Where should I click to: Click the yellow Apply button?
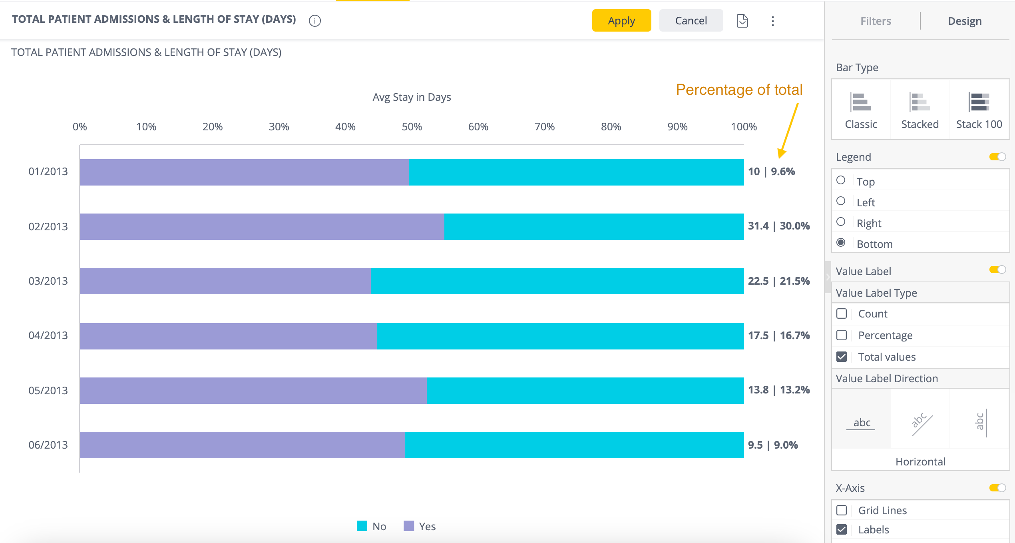tap(621, 21)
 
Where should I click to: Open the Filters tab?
tap(875, 21)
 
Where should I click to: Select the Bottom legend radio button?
tap(841, 243)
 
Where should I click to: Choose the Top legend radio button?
tap(841, 180)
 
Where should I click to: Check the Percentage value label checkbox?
tap(842, 335)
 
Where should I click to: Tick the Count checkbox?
tap(842, 313)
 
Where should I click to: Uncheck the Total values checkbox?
tap(842, 357)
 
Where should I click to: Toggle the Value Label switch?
tap(997, 270)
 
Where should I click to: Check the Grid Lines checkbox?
tap(842, 510)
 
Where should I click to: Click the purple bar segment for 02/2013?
tap(262, 227)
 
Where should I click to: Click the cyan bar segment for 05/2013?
tap(585, 391)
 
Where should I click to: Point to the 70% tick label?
tap(544, 127)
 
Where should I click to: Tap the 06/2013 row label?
tap(48, 445)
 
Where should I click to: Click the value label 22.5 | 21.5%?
tap(778, 281)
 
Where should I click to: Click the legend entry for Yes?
tap(420, 526)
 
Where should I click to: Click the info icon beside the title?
tap(315, 21)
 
